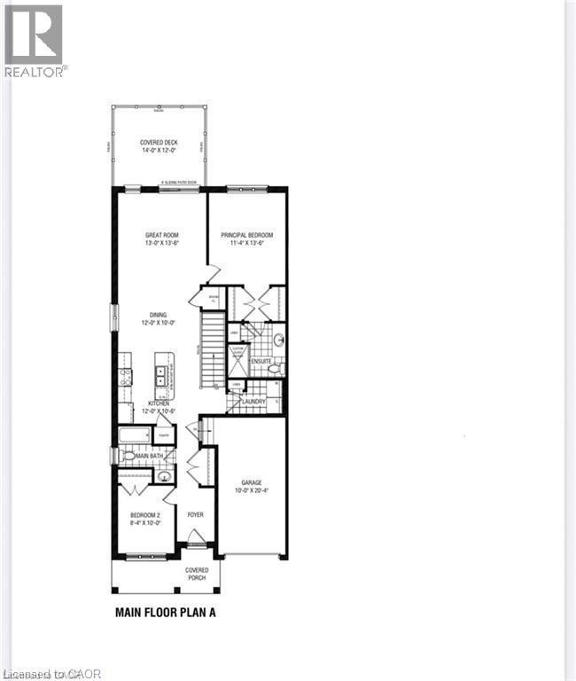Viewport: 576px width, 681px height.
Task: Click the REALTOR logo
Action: pos(33,40)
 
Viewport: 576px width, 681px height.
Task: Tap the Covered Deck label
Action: pos(160,143)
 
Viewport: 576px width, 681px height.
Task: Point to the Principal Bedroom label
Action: pos(247,235)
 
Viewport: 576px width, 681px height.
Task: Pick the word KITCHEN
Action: pos(160,403)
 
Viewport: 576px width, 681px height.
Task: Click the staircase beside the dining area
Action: pos(211,350)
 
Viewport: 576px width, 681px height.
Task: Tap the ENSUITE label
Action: pos(261,361)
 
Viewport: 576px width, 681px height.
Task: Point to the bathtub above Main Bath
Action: pos(135,435)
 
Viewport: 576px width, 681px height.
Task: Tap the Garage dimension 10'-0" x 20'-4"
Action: pos(252,489)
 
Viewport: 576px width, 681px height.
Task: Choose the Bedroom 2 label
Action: pos(145,520)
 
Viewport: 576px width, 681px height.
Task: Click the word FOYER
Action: pos(195,514)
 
